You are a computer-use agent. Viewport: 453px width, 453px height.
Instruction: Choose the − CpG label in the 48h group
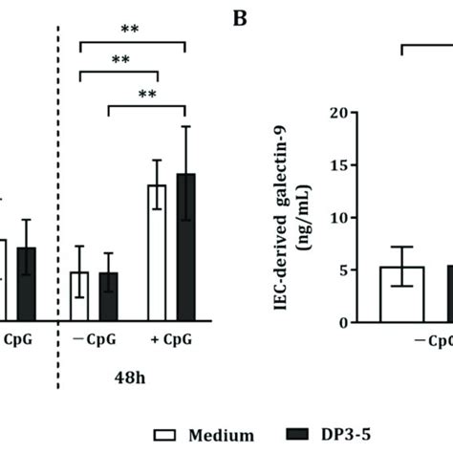94,338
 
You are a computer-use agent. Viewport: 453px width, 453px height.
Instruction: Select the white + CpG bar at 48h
157,252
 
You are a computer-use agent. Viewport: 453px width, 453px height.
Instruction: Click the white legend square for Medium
163,435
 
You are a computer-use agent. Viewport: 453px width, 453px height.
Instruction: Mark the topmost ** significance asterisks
130,30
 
